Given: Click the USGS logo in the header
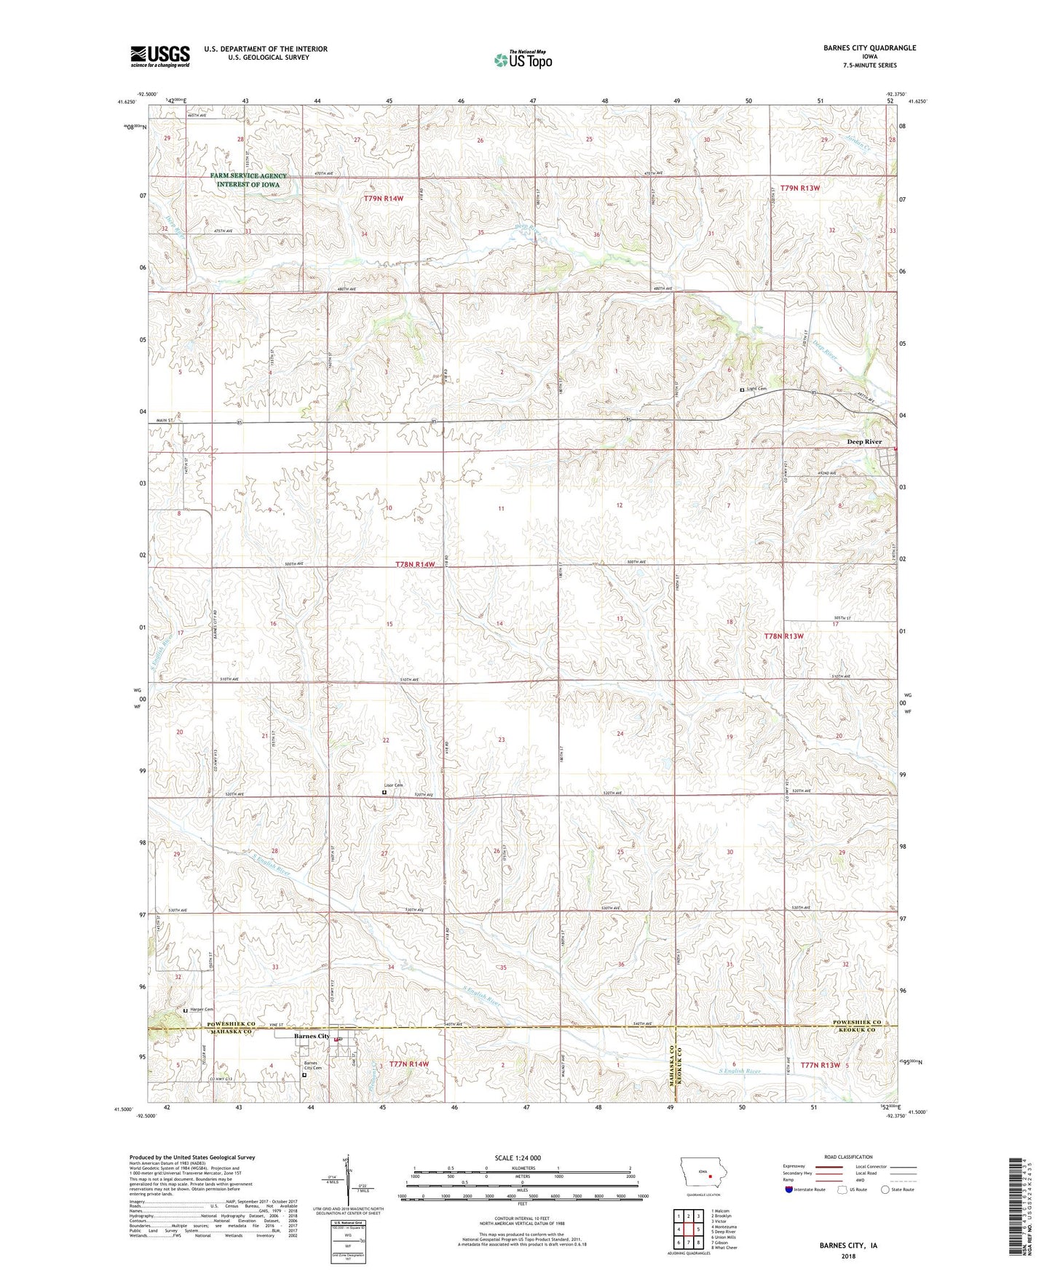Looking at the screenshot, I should click(x=160, y=55).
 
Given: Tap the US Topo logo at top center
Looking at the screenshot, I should click(x=523, y=60).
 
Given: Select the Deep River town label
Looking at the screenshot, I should click(x=864, y=442).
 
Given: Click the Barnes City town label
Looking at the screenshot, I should click(x=312, y=1036).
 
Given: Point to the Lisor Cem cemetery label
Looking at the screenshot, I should click(x=394, y=785).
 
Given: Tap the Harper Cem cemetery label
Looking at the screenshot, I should click(x=202, y=1010).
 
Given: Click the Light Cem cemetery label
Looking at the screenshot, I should click(x=757, y=389).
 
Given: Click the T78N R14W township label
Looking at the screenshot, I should click(x=416, y=564).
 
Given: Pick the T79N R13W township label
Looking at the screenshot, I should click(x=800, y=188).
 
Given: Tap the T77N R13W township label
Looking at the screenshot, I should click(x=820, y=1064).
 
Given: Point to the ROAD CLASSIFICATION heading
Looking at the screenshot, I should click(x=848, y=1157).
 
